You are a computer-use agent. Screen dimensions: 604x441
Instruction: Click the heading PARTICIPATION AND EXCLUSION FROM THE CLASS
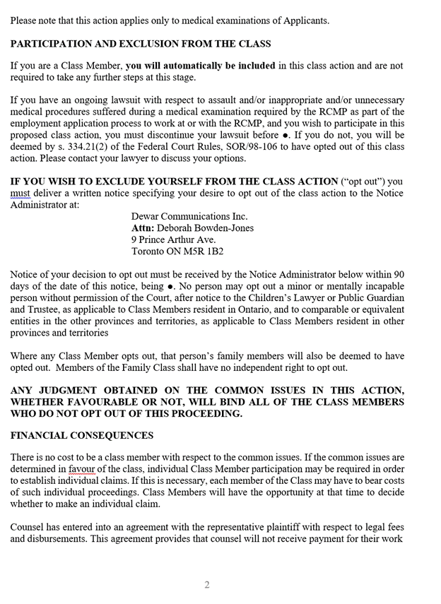[x=140, y=44]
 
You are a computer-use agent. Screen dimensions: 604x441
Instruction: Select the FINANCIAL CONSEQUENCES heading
[x=81, y=435]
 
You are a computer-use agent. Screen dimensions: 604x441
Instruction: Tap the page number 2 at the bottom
[x=207, y=584]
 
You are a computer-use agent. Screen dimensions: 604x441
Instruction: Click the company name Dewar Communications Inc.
[x=189, y=216]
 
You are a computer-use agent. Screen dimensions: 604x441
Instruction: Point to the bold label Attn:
[x=143, y=228]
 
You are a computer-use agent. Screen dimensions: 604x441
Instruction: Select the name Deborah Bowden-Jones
[x=205, y=228]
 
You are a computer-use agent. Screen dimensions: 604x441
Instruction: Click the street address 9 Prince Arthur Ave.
[x=173, y=239]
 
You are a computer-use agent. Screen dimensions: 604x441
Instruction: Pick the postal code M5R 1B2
[x=203, y=251]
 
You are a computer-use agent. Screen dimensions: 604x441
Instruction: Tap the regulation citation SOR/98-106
[x=259, y=146]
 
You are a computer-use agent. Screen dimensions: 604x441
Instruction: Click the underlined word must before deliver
[x=20, y=193]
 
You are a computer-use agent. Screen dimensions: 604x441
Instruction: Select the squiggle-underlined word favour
[x=81, y=468]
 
